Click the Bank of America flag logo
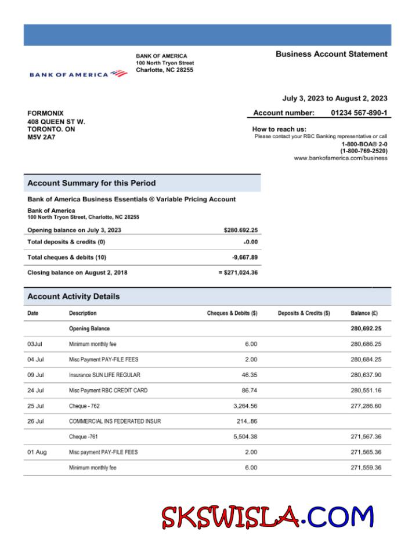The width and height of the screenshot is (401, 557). [x=118, y=74]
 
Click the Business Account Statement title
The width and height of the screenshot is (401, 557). [x=331, y=54]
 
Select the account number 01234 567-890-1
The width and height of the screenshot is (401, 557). [x=359, y=113]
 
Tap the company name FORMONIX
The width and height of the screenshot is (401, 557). [x=45, y=113]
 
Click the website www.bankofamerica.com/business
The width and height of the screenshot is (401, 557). [x=340, y=158]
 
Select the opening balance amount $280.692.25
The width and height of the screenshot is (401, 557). [x=240, y=230]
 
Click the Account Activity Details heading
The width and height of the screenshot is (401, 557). [x=74, y=296]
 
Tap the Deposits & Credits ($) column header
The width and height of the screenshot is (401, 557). [x=304, y=313]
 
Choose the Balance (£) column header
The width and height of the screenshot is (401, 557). [x=364, y=313]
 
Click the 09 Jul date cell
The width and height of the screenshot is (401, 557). [x=35, y=375]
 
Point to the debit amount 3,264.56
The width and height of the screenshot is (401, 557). [x=245, y=406]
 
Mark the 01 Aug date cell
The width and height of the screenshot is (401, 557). [x=37, y=452]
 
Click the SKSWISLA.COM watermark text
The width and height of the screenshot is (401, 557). [x=268, y=517]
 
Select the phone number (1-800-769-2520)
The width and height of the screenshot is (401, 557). [x=363, y=151]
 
